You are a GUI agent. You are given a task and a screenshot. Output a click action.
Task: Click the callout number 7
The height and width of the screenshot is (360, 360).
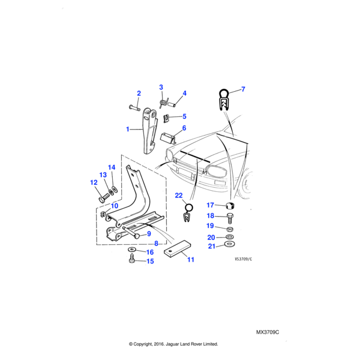tap(243, 89)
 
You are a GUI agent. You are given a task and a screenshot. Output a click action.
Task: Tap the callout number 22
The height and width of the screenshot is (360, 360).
tap(178, 196)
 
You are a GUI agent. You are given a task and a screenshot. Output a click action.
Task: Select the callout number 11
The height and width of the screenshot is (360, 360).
tap(190, 260)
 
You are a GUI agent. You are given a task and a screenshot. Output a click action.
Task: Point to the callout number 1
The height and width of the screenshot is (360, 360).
tap(127, 129)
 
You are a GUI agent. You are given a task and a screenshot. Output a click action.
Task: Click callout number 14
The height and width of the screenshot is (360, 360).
tap(111, 167)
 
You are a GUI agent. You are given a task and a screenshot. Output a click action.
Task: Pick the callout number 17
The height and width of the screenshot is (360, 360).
tap(210, 205)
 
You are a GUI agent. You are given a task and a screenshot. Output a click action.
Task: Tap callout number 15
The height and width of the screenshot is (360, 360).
tap(150, 261)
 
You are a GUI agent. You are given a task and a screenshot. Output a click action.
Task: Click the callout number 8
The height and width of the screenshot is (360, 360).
tap(156, 244)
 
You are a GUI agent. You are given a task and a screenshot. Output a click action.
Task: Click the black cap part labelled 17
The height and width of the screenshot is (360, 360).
tap(232, 206)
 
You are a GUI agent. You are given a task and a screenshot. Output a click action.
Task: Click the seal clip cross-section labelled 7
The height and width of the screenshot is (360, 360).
tap(223, 99)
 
